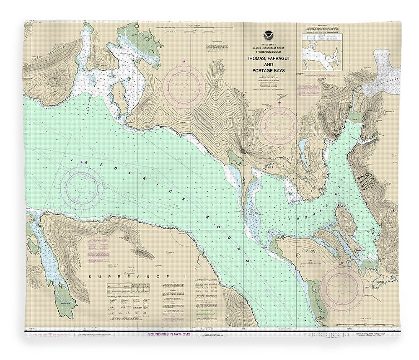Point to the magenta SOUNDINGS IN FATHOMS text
(x=169, y=334)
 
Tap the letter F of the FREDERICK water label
(x=72, y=160)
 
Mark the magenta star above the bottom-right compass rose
(x=342, y=263)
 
